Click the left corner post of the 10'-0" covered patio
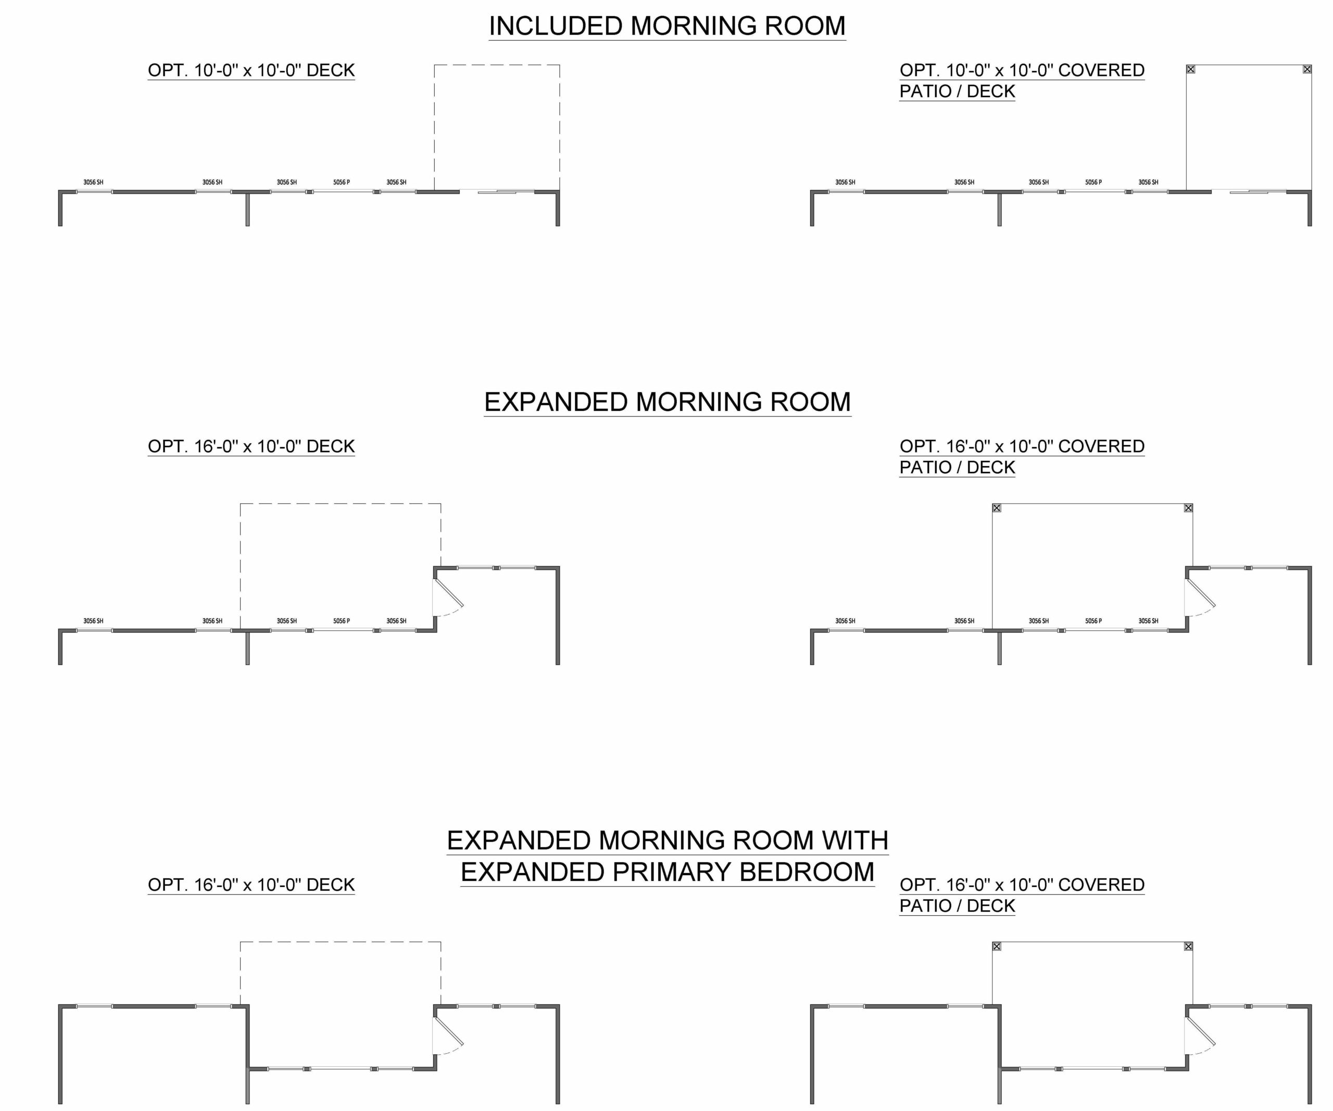1191,69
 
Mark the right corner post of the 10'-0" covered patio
1307,69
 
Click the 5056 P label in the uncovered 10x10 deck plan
342,183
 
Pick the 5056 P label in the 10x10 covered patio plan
1093,183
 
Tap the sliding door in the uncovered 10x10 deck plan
497,191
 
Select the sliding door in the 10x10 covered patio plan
1249,191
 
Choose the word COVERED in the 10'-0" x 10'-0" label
1101,70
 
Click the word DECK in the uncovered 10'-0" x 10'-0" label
330,70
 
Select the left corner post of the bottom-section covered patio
997,946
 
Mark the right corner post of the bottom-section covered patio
1188,946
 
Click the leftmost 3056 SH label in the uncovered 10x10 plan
93,183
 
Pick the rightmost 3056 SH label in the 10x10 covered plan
1148,183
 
